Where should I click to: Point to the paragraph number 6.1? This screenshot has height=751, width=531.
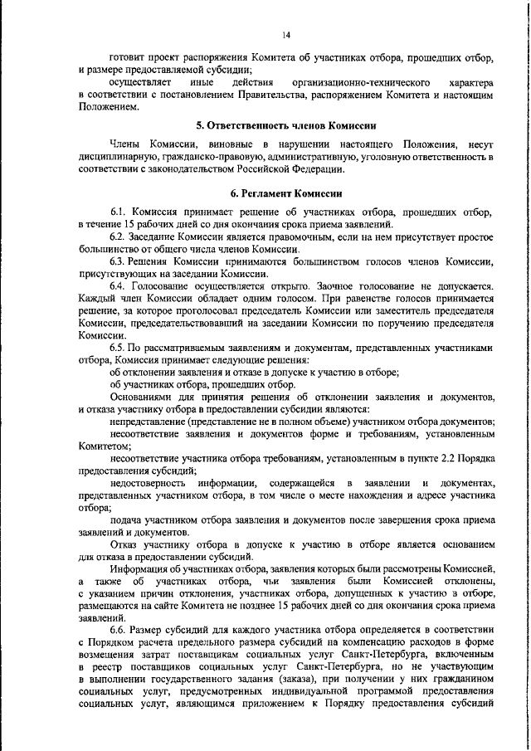(x=119, y=212)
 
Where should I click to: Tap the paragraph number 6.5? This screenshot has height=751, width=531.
(x=119, y=348)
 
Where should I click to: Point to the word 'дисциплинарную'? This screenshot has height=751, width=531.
(x=119, y=157)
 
